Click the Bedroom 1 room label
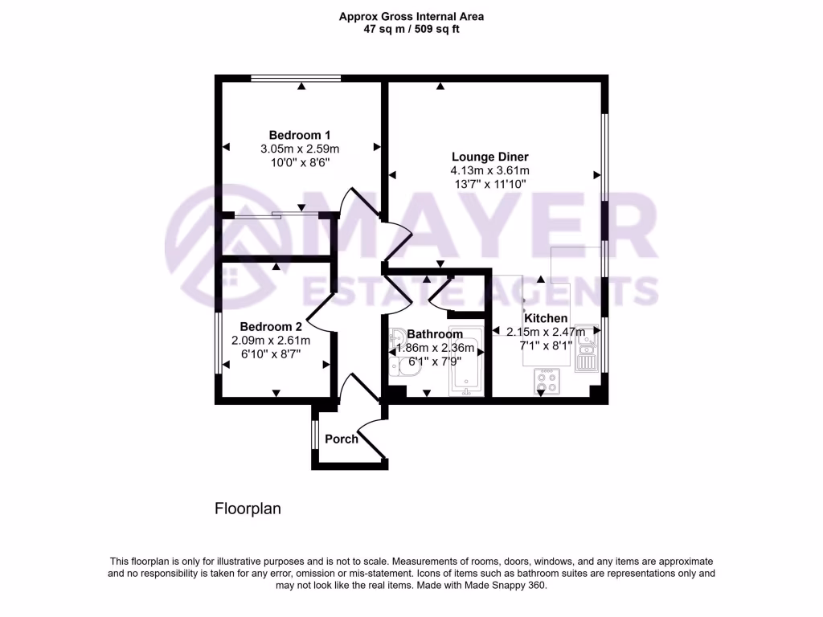pyautogui.click(x=300, y=135)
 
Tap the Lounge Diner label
pyautogui.click(x=489, y=157)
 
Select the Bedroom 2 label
pyautogui.click(x=271, y=327)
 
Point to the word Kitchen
pyautogui.click(x=546, y=318)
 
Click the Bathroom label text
pyautogui.click(x=435, y=334)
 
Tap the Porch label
pyautogui.click(x=342, y=439)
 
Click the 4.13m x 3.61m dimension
pyautogui.click(x=489, y=170)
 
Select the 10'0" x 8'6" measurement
pyautogui.click(x=300, y=162)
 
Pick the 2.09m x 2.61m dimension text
pyautogui.click(x=271, y=341)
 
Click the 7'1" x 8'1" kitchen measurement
pyautogui.click(x=546, y=345)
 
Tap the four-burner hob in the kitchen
pyautogui.click(x=548, y=382)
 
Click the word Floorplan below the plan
pyautogui.click(x=247, y=509)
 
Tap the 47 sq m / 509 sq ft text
pyautogui.click(x=411, y=30)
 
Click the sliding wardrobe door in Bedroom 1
pyautogui.click(x=276, y=215)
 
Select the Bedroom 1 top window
pyautogui.click(x=295, y=78)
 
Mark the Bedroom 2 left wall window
pyautogui.click(x=217, y=343)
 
